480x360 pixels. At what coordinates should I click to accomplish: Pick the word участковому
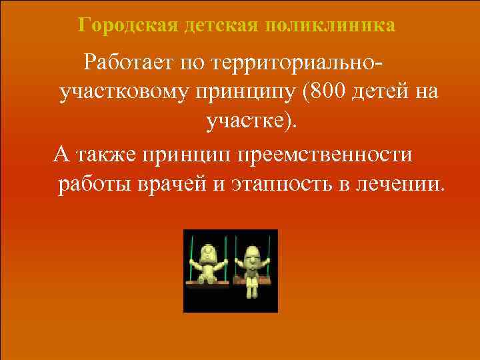click(124, 93)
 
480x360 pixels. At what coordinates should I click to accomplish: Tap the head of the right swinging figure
click(252, 253)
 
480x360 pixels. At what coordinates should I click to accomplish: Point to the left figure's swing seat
click(208, 284)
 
